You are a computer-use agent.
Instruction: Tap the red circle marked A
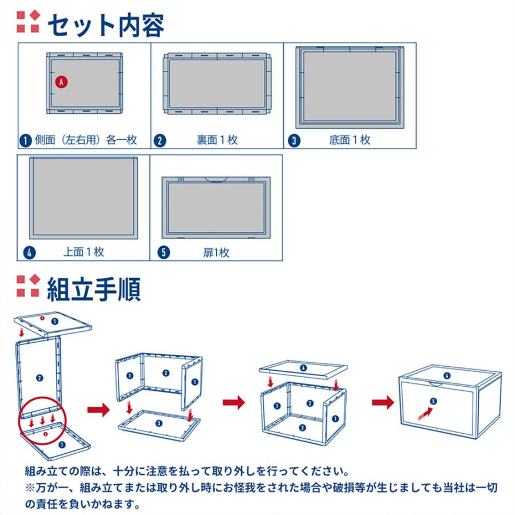tap(61, 82)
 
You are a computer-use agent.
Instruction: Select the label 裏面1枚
tap(217, 140)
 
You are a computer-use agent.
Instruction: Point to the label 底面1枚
tap(350, 140)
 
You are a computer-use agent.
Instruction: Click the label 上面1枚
tap(84, 252)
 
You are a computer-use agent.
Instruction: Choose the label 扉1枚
tap(216, 252)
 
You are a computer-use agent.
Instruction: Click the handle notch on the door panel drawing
tap(216, 180)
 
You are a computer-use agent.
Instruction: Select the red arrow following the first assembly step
tap(98, 409)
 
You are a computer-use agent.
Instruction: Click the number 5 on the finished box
tap(433, 401)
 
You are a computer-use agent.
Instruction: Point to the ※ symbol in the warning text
tap(30, 488)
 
